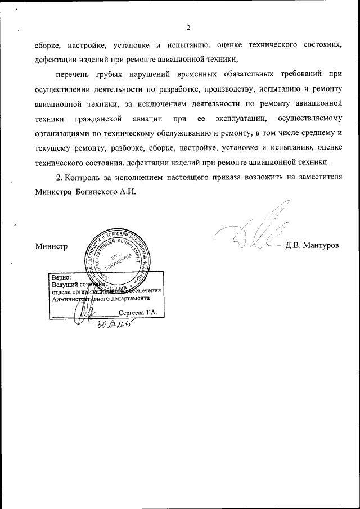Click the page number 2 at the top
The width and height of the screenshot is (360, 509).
(188, 28)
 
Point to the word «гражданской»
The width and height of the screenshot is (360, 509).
(100, 118)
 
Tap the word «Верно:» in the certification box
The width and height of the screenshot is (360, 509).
(61, 278)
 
